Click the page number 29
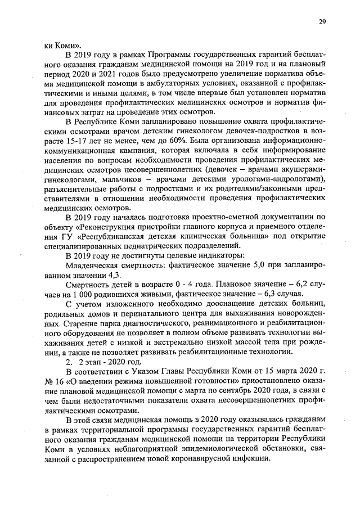322,22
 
